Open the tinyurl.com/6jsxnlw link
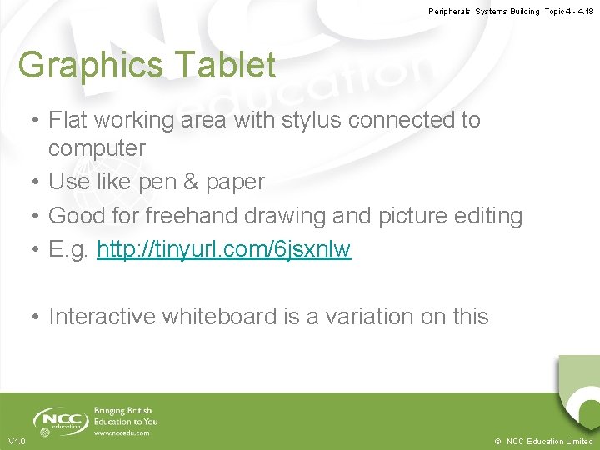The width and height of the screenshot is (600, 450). tap(224, 249)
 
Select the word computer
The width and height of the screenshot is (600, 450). tap(97, 149)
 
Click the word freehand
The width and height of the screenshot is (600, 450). tap(191, 216)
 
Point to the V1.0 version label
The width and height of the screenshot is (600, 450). tap(17, 441)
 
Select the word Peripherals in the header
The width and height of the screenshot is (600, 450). tap(450, 11)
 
